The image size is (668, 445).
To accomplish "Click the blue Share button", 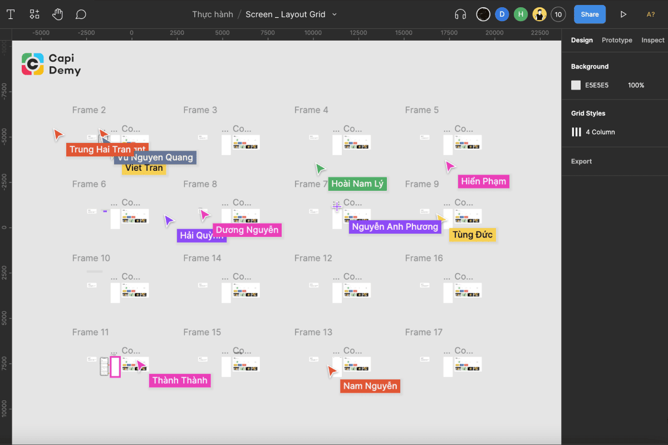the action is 590,14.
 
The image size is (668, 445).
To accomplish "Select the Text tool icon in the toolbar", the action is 11,14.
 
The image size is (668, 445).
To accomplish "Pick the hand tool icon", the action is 57,14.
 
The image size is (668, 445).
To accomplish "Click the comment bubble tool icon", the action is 81,14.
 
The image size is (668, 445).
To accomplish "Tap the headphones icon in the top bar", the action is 460,14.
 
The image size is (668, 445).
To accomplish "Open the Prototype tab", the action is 617,40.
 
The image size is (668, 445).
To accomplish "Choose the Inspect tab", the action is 652,40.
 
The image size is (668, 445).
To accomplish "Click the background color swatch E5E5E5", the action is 576,85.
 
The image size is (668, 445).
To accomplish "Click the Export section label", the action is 581,161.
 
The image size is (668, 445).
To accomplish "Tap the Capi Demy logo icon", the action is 33,64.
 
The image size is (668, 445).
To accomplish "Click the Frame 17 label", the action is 424,332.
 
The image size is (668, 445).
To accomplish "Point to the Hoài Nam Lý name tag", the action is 357,184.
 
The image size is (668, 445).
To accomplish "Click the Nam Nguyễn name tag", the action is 370,386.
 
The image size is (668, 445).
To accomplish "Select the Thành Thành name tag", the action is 180,380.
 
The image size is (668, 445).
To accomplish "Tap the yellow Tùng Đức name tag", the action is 472,235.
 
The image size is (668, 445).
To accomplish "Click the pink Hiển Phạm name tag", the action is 483,181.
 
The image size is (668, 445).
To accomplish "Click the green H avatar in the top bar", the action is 520,14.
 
